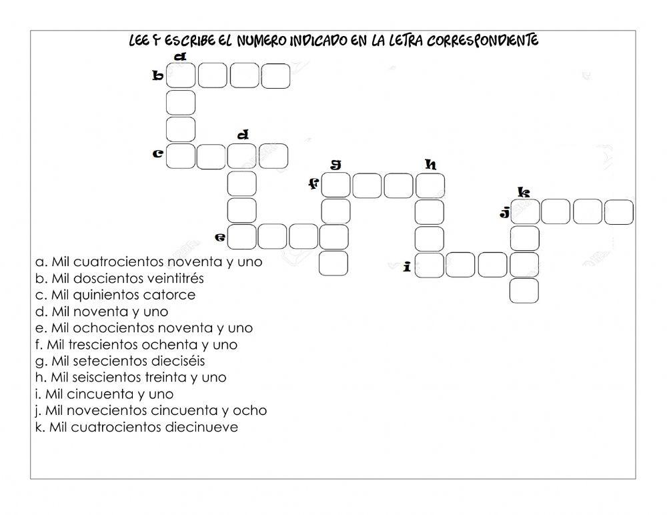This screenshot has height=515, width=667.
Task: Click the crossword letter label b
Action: [158, 76]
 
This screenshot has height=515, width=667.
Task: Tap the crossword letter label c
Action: [158, 154]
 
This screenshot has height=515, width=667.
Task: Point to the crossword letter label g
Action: [336, 164]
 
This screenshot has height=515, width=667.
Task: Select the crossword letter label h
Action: [431, 164]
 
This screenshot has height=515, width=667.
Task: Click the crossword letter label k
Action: [524, 193]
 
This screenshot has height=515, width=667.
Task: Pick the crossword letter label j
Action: [505, 213]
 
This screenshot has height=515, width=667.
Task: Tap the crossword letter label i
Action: [407, 267]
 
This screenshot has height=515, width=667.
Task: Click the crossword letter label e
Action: [221, 237]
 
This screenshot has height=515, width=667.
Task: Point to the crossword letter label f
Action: [313, 184]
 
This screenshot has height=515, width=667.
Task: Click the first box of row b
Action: [181, 76]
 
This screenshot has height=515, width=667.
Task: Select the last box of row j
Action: [618, 212]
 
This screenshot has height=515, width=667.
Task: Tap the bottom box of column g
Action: [333, 263]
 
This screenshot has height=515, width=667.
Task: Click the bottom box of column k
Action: [524, 290]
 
